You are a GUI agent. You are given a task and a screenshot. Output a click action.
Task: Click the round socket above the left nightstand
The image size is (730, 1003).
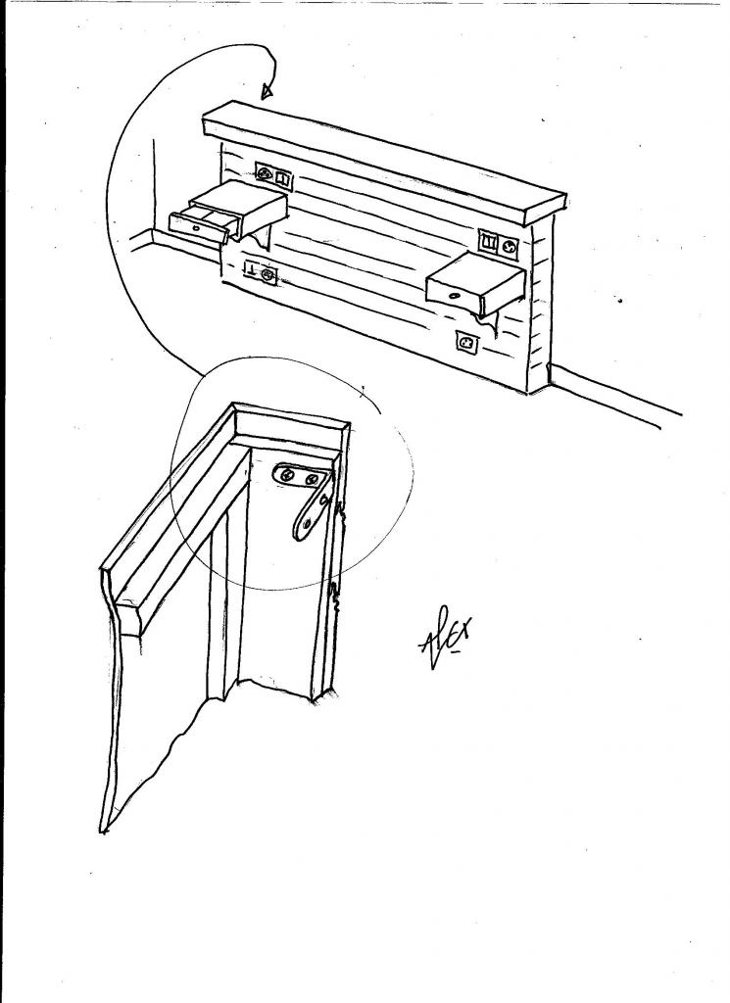(264, 175)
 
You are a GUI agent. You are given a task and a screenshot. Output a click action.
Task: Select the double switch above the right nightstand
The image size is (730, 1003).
(488, 241)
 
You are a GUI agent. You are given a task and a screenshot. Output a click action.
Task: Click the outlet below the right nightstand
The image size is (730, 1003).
(466, 343)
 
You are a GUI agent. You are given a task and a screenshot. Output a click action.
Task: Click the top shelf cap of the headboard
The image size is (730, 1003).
(382, 157)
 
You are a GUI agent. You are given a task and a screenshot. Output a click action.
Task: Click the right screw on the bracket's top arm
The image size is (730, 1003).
(313, 480)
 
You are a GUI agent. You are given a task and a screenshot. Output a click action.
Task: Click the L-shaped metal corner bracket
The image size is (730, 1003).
(309, 495)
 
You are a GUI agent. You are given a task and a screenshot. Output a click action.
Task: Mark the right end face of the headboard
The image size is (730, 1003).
(539, 304)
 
